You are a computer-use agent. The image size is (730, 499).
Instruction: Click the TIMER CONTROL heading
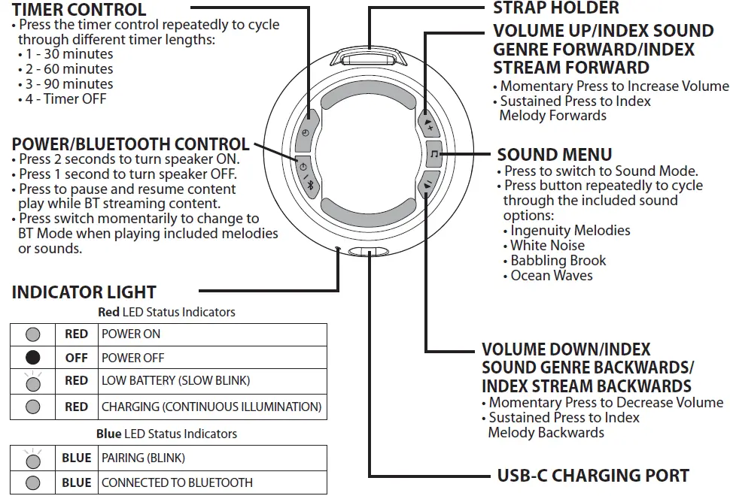[x=79, y=10]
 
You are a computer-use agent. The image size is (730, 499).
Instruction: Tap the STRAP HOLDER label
[x=556, y=8]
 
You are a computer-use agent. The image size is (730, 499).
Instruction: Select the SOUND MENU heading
[x=555, y=155]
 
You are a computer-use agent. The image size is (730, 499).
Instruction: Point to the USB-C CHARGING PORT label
[x=593, y=476]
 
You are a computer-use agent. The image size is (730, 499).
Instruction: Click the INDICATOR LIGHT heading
[x=84, y=292]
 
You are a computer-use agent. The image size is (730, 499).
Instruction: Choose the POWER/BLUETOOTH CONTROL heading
[x=130, y=144]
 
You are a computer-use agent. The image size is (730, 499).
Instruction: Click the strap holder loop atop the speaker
[x=370, y=58]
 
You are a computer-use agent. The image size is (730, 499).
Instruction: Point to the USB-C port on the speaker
[x=370, y=253]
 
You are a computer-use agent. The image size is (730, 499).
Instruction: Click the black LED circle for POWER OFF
[x=33, y=358]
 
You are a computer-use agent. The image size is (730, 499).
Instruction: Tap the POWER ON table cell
[x=214, y=334]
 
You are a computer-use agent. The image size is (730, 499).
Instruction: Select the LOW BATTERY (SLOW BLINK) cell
[x=214, y=381]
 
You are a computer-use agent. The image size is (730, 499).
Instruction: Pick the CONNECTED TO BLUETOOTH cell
[x=214, y=482]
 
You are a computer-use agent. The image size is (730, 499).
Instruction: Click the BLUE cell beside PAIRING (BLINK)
[x=77, y=458]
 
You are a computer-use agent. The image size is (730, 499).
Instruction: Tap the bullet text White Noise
[x=547, y=246]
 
